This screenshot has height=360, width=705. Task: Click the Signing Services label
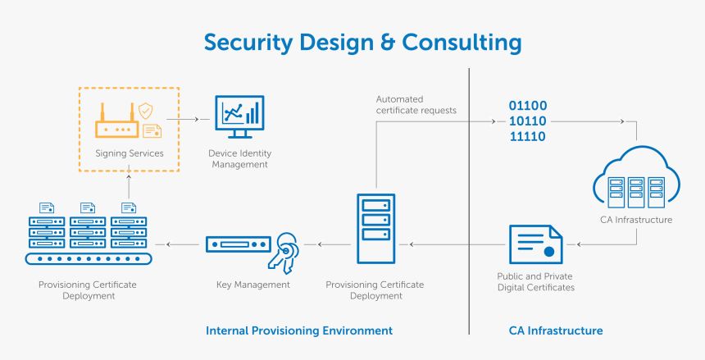pos(130,153)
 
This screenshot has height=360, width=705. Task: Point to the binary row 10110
pos(528,121)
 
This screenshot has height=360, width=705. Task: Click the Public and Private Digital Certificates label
pos(535,282)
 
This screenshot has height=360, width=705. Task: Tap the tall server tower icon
pos(375,228)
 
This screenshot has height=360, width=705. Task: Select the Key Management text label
pos(252,285)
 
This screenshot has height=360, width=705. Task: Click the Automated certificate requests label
pos(416,105)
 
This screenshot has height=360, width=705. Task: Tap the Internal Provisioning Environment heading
pos(299,330)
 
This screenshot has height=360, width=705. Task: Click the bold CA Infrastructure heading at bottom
pos(555,330)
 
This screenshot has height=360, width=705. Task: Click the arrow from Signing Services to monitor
pos(189,120)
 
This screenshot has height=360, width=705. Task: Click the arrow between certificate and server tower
pos(454,244)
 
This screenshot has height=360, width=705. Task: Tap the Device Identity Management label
pos(241,159)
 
